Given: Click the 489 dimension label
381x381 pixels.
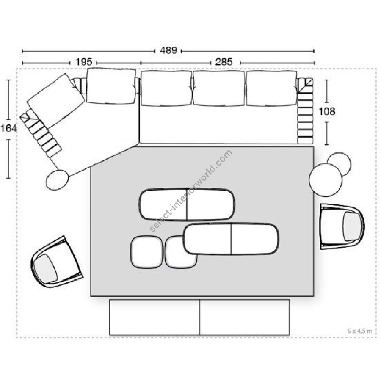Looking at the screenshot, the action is pos(168,50).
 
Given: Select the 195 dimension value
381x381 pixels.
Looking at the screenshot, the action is pos(84,62).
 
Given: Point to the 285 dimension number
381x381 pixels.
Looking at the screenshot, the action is pos(224,62).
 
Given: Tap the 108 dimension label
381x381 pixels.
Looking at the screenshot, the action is pos(327,111).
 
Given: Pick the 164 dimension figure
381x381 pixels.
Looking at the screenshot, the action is pos(9,128).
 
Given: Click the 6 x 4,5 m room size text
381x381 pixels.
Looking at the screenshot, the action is pos(359,331).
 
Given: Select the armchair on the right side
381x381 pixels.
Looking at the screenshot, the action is pos(342,227).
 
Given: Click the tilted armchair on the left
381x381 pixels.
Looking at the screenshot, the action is pos(57,262).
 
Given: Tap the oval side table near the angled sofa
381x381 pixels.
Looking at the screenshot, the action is pos(57,180).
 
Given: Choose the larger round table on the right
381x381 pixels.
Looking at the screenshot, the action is pos(326,180).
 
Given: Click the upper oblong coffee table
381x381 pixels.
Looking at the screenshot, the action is pos(187,204).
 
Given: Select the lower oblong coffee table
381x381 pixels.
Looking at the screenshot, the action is pos(231,239).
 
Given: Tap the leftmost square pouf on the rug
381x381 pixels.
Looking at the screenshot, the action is pos(147,252).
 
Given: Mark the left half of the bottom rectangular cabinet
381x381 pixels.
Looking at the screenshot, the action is pos(155,317).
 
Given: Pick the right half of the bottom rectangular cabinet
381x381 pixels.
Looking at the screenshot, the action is pos(245,317).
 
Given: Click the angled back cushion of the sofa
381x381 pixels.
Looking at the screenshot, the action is pos(56,101).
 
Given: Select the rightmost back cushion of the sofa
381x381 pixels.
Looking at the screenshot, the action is pos(271,88).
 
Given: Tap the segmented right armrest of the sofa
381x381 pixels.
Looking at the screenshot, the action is pos(305,111).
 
